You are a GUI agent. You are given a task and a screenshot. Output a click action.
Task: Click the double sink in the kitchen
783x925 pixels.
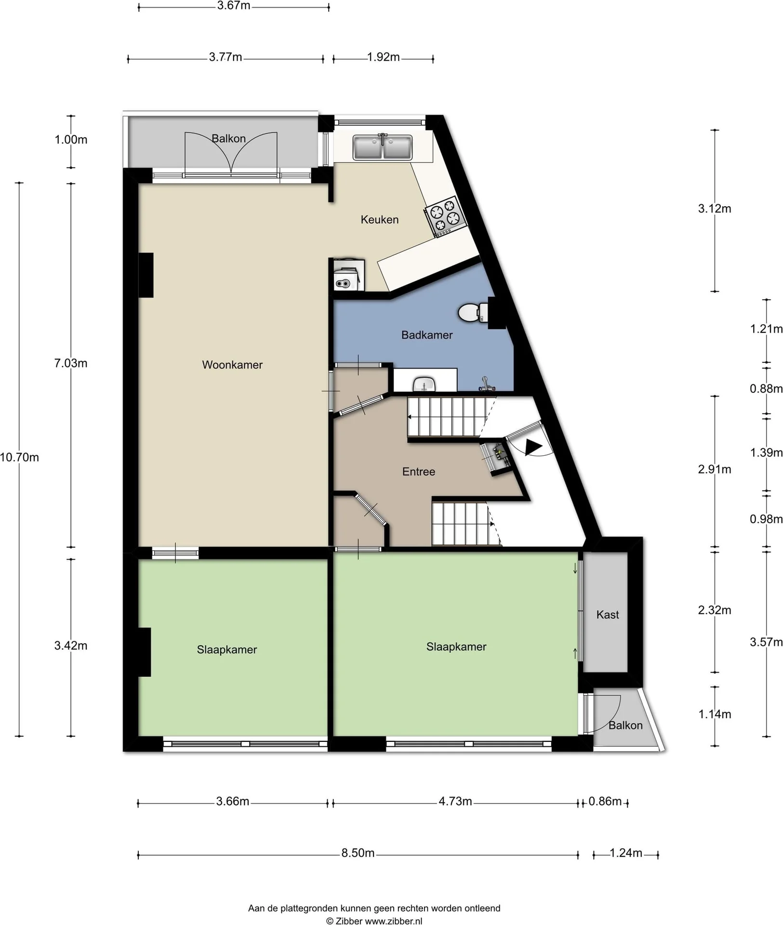382,147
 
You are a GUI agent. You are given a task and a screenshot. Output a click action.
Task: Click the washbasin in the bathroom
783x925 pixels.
424,384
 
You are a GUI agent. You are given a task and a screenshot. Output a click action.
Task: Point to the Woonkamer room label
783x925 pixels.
232,365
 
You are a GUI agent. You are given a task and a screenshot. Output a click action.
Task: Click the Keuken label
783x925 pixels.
380,220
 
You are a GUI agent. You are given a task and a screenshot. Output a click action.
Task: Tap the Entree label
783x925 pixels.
419,472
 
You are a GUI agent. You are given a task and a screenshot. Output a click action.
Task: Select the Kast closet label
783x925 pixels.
608,614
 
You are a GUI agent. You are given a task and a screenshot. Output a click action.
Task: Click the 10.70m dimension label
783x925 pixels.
19,457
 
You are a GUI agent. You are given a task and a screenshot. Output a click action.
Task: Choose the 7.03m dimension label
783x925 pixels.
71,363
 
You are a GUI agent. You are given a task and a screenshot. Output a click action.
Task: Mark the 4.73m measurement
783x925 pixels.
455,801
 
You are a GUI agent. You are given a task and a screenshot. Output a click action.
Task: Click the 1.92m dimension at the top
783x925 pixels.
384,57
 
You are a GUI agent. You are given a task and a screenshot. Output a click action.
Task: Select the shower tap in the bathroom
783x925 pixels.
487,384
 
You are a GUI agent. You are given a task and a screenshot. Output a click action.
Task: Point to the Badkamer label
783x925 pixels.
427,335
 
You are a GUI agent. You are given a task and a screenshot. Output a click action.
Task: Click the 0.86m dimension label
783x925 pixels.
605,801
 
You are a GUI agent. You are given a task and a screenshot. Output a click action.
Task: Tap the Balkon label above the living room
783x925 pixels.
229,139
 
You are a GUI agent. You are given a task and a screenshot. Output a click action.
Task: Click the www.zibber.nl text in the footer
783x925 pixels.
393,921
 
